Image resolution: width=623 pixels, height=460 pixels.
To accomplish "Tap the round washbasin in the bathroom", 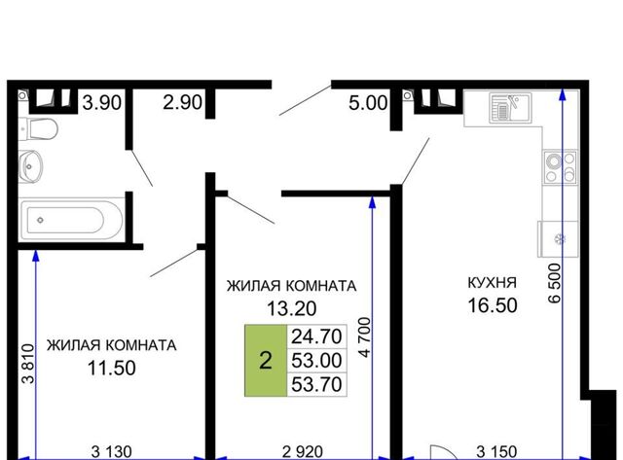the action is (30, 166).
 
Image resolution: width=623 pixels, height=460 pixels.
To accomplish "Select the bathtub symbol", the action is (71, 220).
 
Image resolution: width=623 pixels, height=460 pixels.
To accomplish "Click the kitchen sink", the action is (510, 107).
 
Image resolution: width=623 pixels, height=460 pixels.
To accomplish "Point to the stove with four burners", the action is (560, 166).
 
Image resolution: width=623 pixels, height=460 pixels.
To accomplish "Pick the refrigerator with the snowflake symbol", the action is (558, 239).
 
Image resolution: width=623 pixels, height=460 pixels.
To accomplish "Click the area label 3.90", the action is (101, 103).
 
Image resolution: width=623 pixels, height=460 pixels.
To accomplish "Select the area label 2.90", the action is (182, 102).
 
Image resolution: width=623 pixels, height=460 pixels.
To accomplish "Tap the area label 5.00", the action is (368, 103).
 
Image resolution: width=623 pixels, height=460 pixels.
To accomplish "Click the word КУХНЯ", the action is (493, 283).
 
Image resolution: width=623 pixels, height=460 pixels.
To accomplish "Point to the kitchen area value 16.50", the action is (493, 305).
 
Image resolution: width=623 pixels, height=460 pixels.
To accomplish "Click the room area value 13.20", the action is (292, 308).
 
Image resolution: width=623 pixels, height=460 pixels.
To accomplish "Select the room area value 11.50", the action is (112, 368).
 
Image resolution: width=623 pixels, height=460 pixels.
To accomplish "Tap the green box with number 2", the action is (266, 361).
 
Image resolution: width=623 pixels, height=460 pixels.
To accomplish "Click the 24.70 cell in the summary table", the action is (316, 336).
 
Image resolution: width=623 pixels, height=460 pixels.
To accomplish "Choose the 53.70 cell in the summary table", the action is (316, 384).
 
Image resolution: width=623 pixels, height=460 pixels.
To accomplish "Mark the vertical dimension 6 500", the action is (555, 283).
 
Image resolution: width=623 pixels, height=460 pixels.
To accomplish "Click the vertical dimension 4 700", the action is (365, 336).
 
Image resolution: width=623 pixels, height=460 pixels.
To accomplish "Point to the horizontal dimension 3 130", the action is (112, 451).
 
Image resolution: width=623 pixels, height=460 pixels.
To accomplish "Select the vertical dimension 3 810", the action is (28, 364).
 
